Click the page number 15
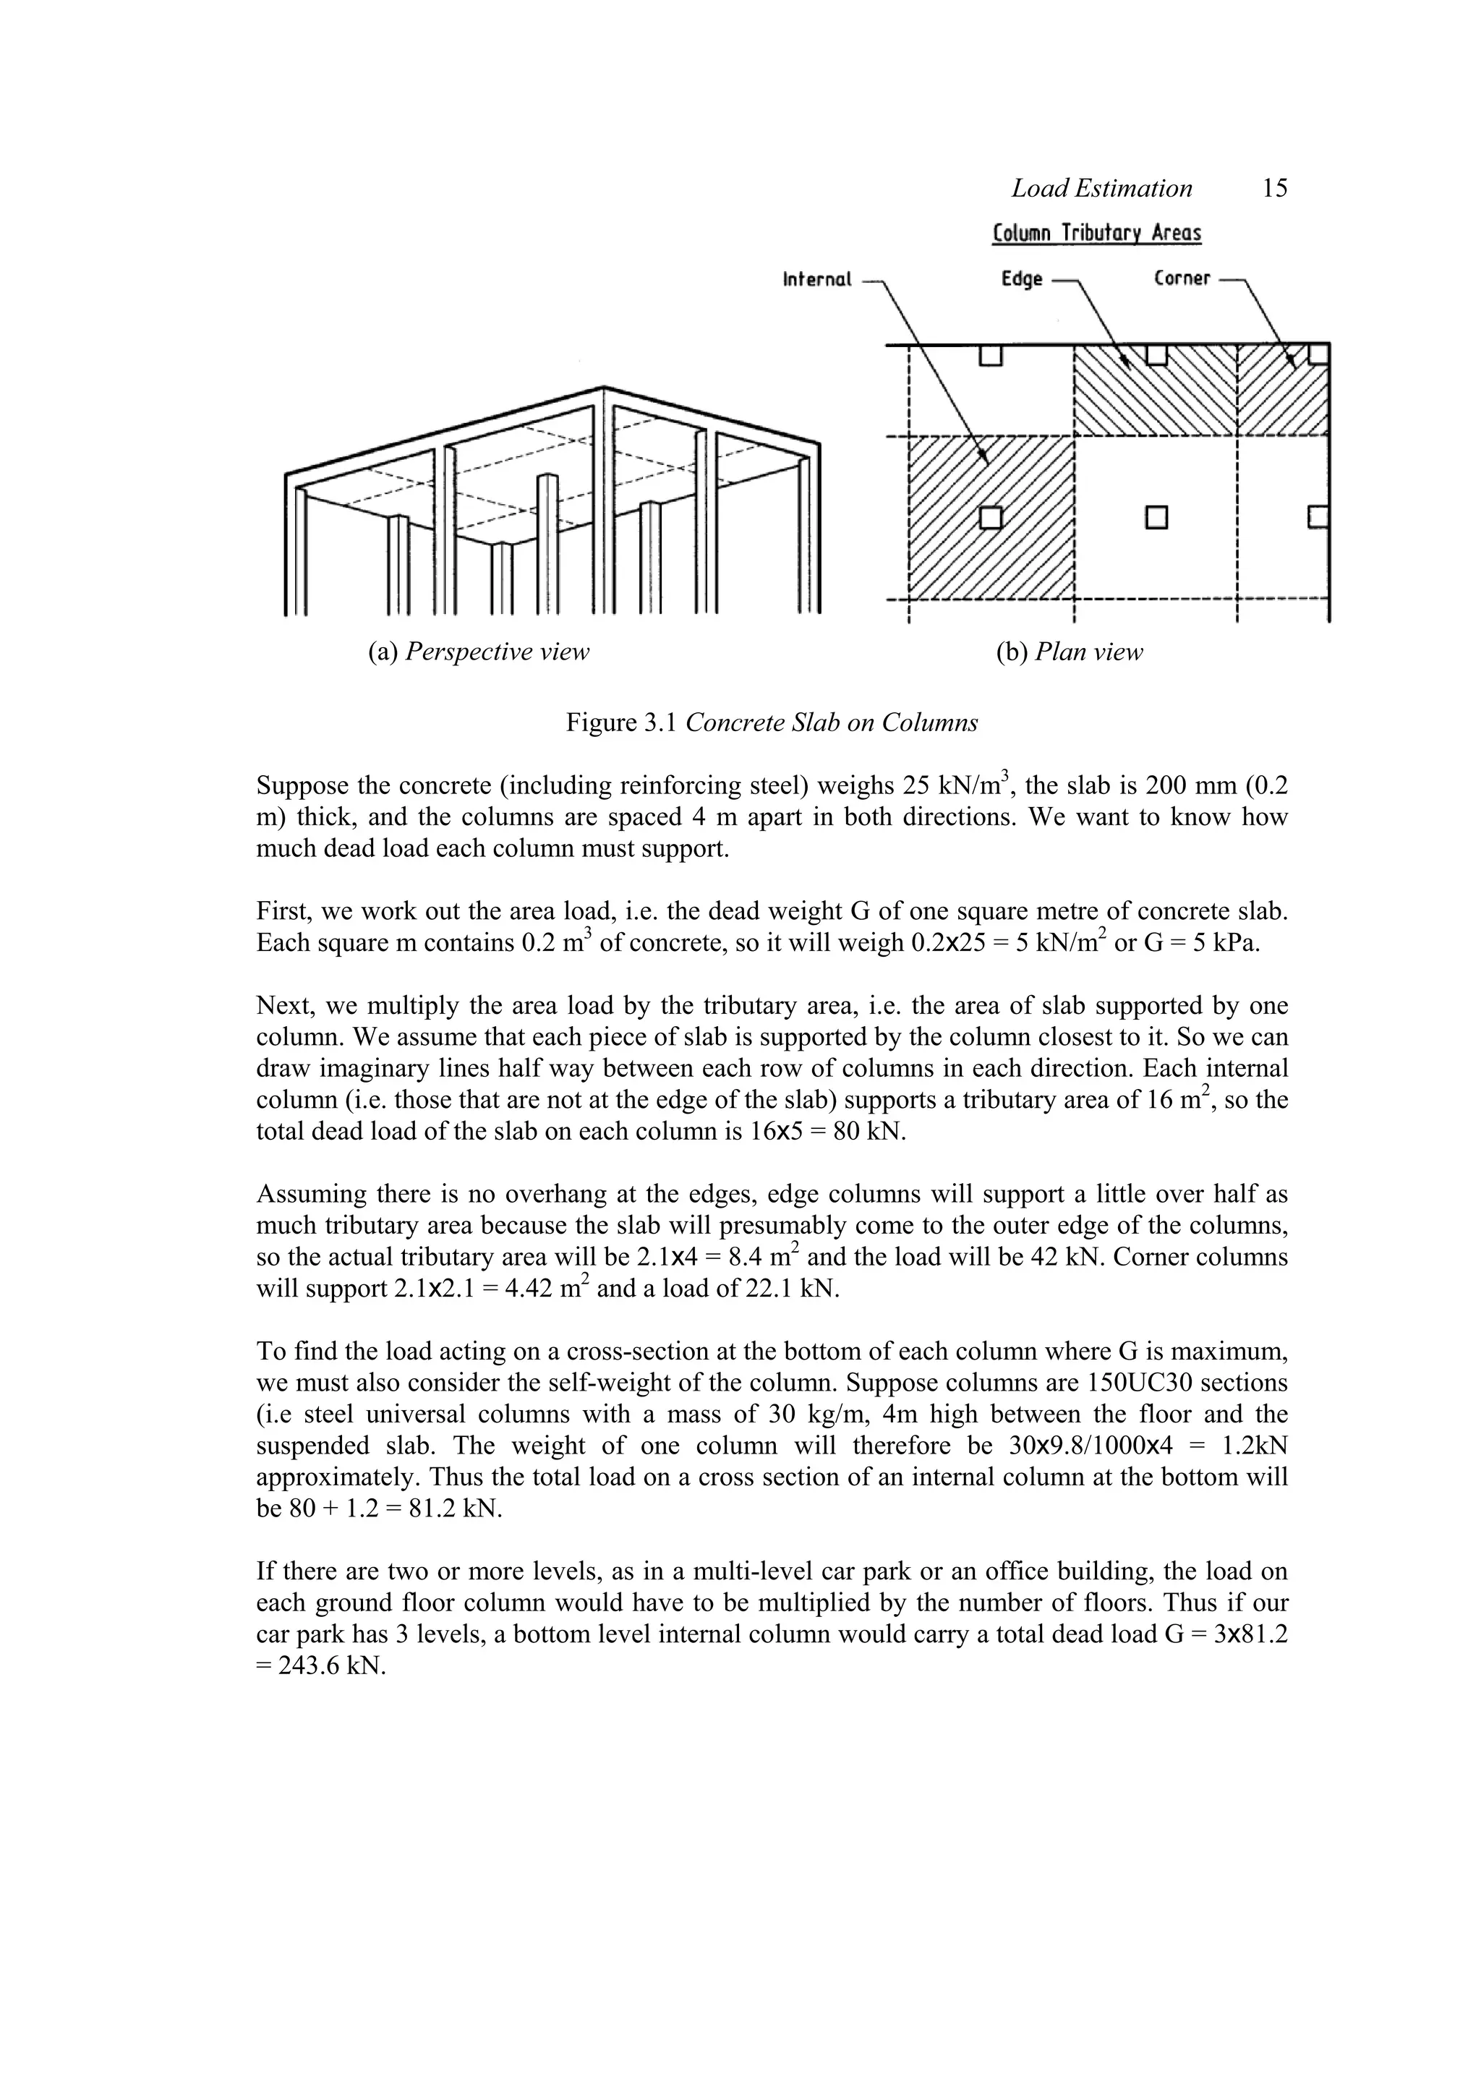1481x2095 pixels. click(1275, 189)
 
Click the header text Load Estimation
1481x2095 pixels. click(1101, 189)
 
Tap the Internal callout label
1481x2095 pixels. click(816, 279)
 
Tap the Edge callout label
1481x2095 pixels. click(1021, 279)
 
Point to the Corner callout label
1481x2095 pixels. click(1182, 278)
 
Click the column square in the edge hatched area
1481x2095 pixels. click(1156, 353)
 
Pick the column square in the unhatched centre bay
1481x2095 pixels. click(1157, 517)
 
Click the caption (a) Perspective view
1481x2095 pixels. click(478, 652)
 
